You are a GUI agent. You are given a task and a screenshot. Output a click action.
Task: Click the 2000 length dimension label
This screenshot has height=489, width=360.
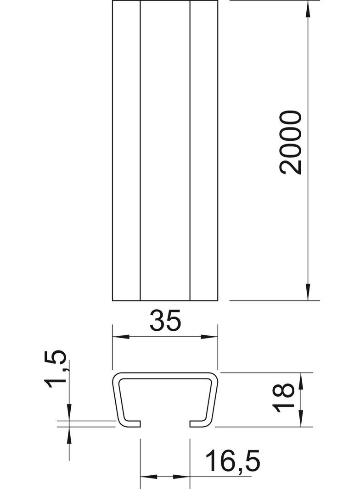click(291, 142)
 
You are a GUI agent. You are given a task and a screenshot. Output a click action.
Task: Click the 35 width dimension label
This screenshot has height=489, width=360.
click(165, 320)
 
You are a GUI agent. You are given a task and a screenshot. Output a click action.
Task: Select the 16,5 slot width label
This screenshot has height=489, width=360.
click(233, 460)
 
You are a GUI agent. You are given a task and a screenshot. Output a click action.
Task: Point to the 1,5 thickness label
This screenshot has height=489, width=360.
click(56, 369)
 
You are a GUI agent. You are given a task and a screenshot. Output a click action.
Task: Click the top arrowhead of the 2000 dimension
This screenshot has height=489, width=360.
click(308, 10)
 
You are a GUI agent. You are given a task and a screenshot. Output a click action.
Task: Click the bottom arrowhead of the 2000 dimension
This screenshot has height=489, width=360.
click(308, 292)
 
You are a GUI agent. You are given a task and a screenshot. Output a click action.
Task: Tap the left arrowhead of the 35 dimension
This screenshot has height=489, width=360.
click(121, 337)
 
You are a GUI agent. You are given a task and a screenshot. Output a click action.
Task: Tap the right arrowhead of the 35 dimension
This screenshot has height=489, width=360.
click(209, 337)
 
